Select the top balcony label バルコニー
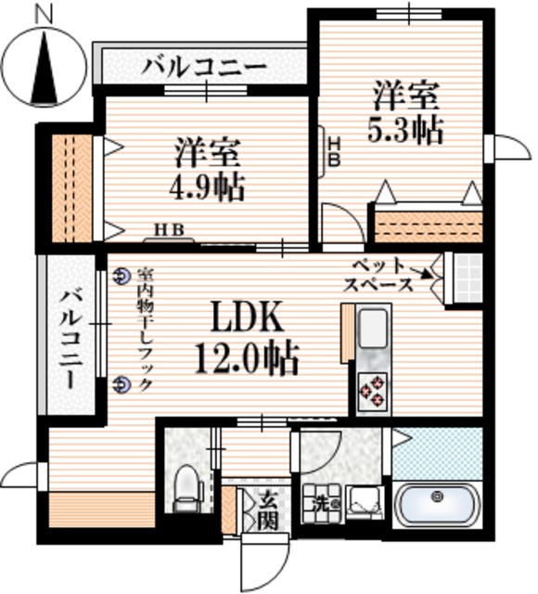(x=205, y=67)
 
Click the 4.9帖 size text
(x=207, y=187)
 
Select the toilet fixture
(x=186, y=487)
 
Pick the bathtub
(x=436, y=507)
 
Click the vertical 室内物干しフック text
(x=144, y=329)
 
